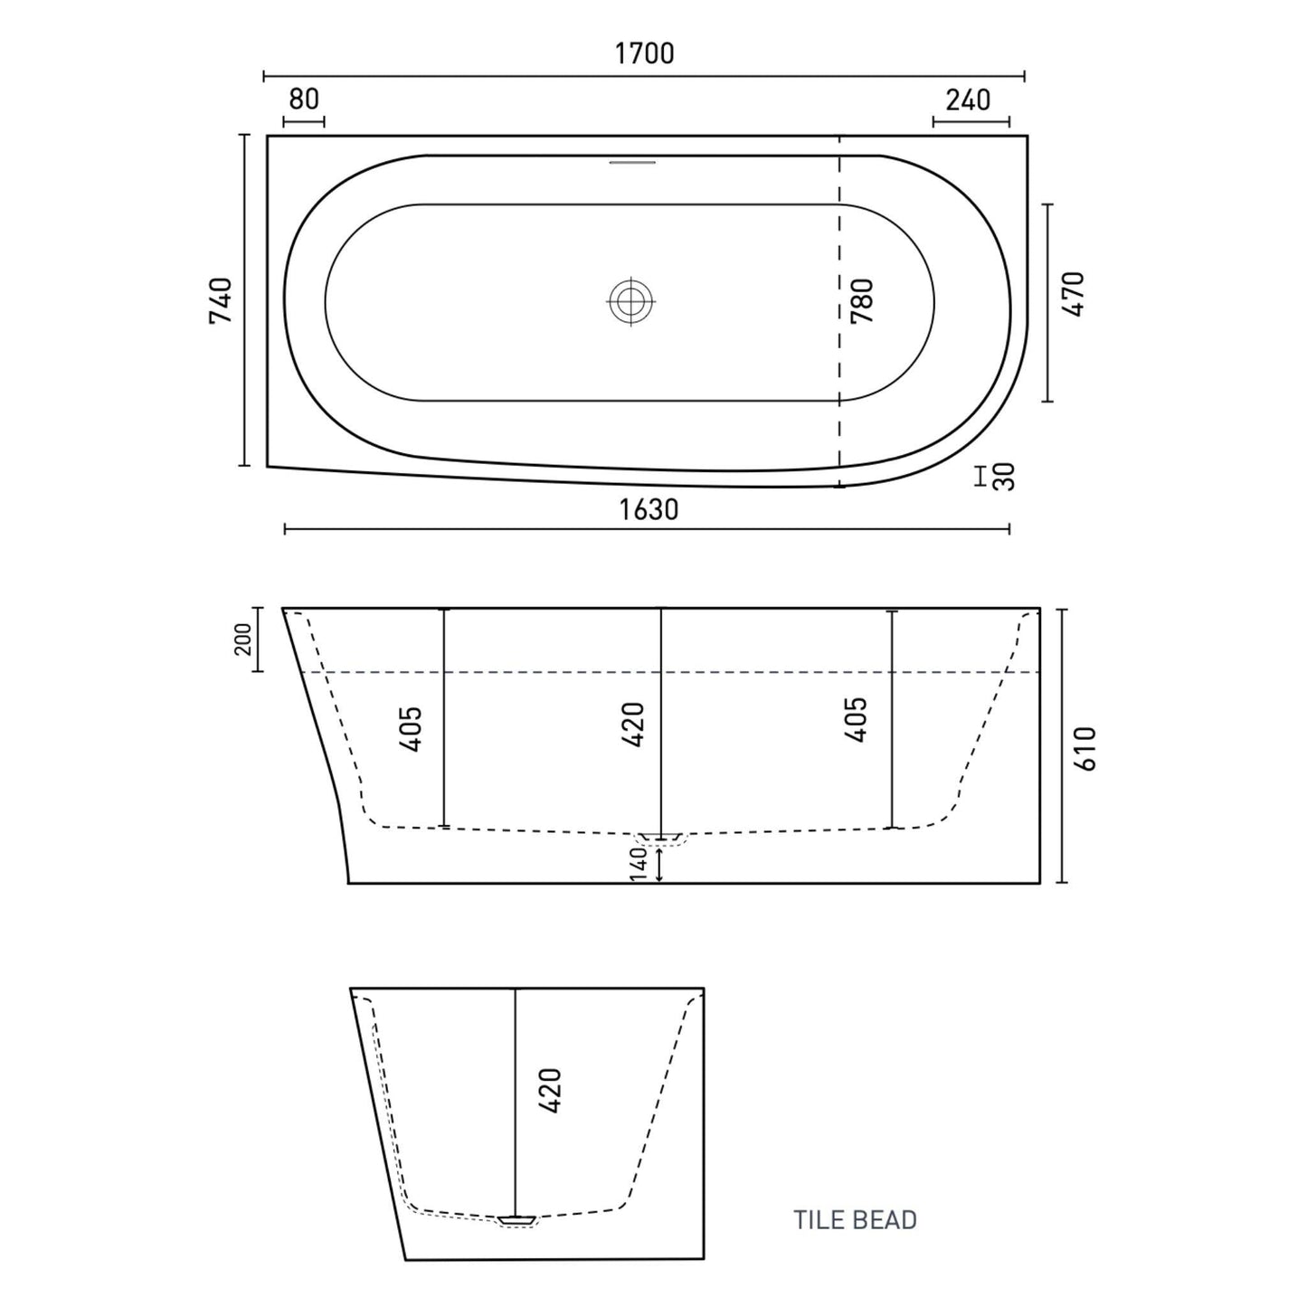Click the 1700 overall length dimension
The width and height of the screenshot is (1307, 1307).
tap(644, 53)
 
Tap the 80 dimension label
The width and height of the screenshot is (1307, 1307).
tap(303, 99)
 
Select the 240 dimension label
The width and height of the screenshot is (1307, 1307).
tap(968, 99)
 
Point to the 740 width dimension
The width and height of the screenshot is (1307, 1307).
tap(222, 300)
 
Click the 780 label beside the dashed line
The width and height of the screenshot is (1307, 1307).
tap(862, 300)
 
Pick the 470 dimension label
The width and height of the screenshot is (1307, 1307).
tap(1074, 294)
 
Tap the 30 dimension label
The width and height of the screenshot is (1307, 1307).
tap(1003, 477)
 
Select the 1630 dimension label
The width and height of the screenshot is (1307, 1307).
tap(649, 510)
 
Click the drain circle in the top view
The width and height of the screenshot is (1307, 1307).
tap(631, 300)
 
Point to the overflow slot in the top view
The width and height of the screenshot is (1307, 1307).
tap(632, 162)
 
